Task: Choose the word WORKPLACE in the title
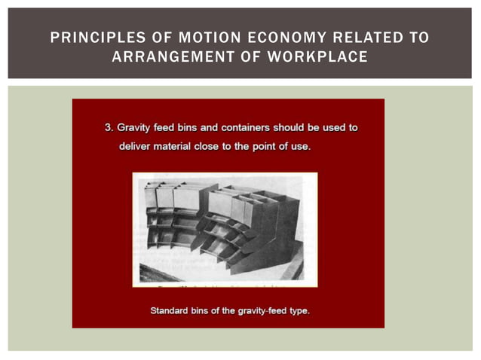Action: pos(323,56)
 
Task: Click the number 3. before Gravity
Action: pos(109,127)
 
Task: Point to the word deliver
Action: pos(136,145)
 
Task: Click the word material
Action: pos(183,145)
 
